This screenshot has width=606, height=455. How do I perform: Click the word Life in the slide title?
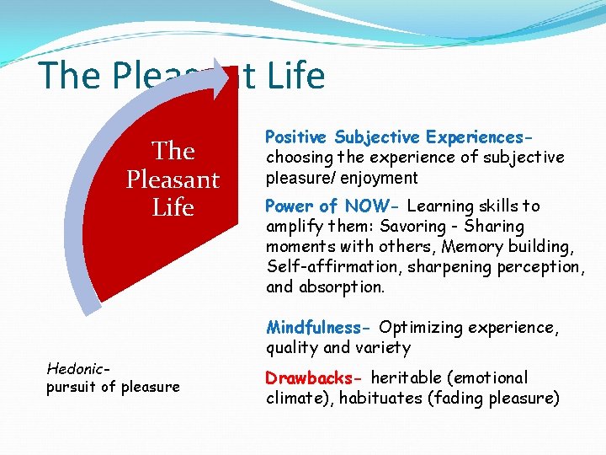[x=297, y=76]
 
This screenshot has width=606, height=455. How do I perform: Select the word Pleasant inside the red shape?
[x=173, y=179]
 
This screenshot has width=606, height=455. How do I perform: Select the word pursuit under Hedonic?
[x=72, y=387]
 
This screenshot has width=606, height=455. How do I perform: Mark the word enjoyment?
[x=379, y=177]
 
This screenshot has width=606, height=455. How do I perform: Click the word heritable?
[x=407, y=377]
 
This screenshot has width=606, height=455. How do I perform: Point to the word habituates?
[x=379, y=398]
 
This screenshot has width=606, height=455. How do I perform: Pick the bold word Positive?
[x=297, y=136]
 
